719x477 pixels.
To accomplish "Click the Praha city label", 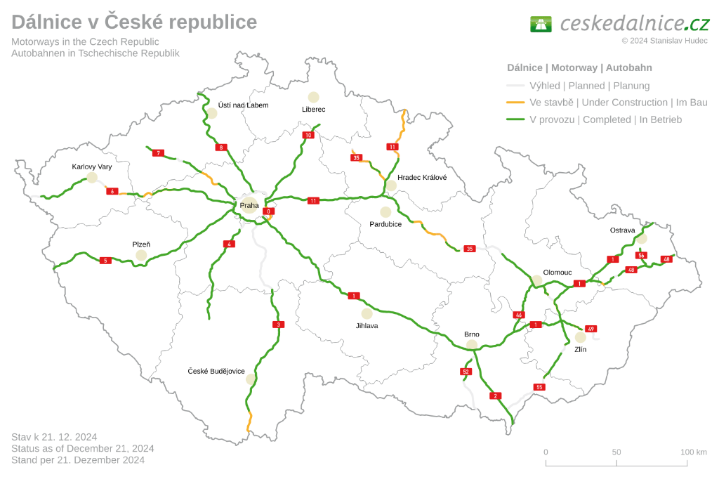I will point(249,206).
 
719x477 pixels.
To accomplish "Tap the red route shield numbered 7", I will point(159,153).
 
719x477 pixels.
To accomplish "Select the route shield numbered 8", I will point(221,148).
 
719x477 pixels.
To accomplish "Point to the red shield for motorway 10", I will point(308,135).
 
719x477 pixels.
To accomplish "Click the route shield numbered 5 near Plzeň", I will point(105,261).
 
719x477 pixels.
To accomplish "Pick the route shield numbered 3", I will point(279,325).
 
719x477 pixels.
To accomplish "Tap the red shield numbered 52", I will point(466,371).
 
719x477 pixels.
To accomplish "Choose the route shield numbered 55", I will point(539,387).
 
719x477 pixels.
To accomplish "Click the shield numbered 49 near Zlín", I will point(591,329).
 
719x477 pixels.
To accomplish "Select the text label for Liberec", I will point(313,110).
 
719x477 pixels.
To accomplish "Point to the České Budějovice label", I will point(216,371).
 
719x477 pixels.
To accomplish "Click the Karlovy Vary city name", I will point(91,167).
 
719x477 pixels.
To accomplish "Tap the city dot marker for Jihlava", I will point(367,313).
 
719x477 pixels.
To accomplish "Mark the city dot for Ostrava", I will point(641,238).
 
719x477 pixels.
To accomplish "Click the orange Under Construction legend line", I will point(516,103).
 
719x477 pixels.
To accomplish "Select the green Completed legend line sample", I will point(516,119).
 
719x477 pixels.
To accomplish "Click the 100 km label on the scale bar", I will point(693,452).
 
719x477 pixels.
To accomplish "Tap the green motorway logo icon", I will point(541,24).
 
